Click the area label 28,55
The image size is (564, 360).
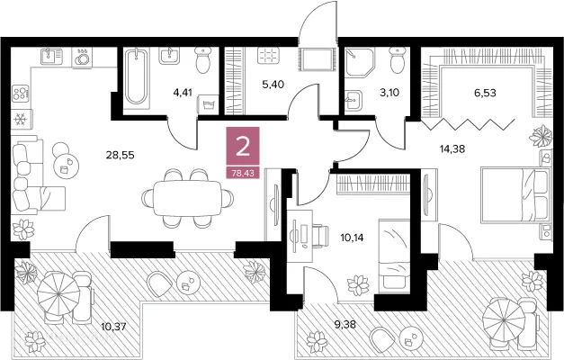click(x=120, y=155)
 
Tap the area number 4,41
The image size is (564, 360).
click(x=183, y=93)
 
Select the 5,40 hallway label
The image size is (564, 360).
click(x=273, y=85)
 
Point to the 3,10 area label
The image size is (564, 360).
click(x=389, y=93)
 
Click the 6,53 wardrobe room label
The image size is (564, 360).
click(x=485, y=93)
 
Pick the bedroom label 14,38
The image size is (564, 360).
click(x=452, y=148)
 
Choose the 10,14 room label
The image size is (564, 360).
click(x=352, y=238)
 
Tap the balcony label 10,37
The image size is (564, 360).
click(x=113, y=327)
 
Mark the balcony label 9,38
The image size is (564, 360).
click(x=345, y=325)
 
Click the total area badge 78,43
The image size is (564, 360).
click(x=243, y=173)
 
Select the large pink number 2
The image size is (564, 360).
click(x=243, y=148)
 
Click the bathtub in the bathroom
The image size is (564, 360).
click(x=136, y=76)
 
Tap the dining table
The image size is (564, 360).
click(x=187, y=198)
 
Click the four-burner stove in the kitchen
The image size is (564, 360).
click(x=21, y=93)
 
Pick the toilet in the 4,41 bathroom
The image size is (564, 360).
click(x=203, y=59)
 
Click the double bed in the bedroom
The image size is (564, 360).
click(x=515, y=193)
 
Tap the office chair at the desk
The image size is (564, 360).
click(x=320, y=236)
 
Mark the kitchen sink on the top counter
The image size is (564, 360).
click(x=51, y=57)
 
